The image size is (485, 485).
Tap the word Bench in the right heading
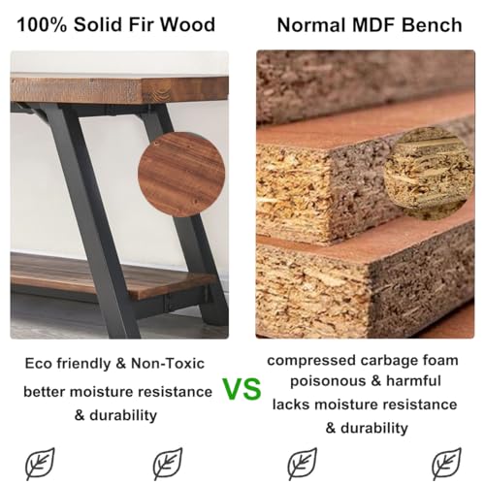(434, 24)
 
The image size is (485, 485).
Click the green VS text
(242, 390)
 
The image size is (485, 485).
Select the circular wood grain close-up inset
(181, 172)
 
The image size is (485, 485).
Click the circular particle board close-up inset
(429, 173)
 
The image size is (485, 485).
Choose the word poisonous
(321, 381)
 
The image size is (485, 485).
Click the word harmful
(411, 381)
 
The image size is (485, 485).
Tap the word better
(48, 392)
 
